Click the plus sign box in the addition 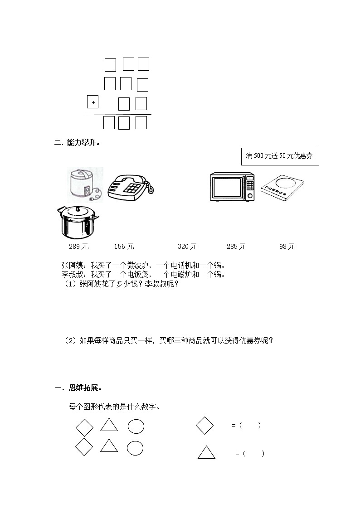93,103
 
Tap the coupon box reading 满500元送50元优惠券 280,156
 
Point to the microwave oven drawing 232,186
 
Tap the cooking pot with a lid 78,222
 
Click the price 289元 78,247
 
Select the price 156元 124,247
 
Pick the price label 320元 187,247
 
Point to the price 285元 236,247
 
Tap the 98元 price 287,247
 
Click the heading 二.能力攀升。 77,143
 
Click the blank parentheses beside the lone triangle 253,454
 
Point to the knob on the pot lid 78,209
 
